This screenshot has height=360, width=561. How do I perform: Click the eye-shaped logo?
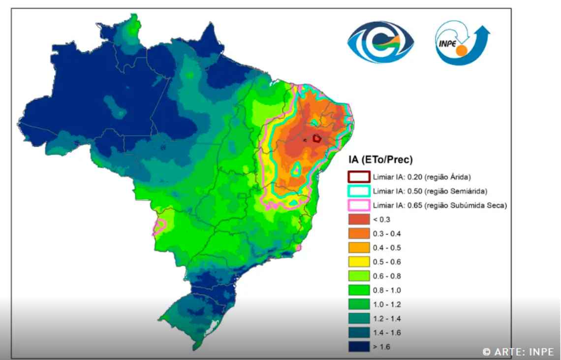[x=381, y=42]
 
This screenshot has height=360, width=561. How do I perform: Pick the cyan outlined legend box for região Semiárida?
[x=359, y=191]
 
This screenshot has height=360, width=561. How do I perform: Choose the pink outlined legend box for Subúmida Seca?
[x=359, y=205]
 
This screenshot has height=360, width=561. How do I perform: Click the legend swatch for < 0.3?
[x=359, y=219]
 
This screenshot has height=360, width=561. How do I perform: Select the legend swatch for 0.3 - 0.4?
[x=359, y=233]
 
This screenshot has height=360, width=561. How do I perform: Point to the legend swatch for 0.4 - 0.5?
[x=359, y=248]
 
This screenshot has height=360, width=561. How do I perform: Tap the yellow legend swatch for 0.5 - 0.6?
[x=359, y=262]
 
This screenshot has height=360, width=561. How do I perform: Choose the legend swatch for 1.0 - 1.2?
[x=359, y=304]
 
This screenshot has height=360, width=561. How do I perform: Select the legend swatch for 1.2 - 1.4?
[x=359, y=319]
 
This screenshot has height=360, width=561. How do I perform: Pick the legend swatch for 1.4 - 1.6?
[x=359, y=333]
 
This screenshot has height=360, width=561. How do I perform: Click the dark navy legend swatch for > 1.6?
[x=359, y=347]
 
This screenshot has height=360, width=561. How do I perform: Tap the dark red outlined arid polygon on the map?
[x=317, y=139]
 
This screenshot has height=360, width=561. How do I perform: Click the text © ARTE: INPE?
[x=518, y=352]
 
